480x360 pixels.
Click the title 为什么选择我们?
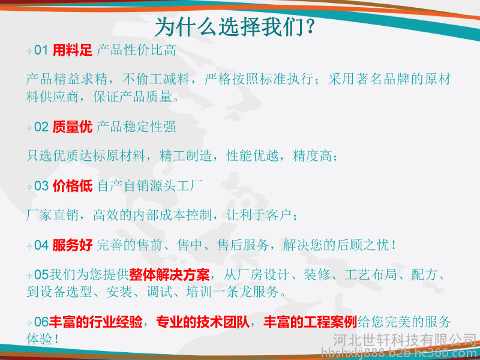tap(235, 26)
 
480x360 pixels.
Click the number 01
tap(41, 50)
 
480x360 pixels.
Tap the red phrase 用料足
tap(72, 50)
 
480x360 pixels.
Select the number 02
tap(41, 127)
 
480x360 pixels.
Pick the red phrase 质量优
tap(72, 127)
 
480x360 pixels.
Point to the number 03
tap(41, 186)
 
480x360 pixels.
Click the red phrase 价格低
tap(72, 186)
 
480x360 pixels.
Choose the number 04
tap(41, 245)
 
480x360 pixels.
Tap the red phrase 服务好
tap(72, 245)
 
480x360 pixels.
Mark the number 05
tap(41, 275)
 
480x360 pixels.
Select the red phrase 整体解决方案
tap(169, 275)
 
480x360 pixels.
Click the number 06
tap(41, 322)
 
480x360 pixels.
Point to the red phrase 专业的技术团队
tap(203, 322)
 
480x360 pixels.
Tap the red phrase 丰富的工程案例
tap(310, 322)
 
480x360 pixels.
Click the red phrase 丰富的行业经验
tap(95, 322)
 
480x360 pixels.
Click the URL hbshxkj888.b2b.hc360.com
tap(400, 353)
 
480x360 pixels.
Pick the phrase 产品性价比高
tap(137, 50)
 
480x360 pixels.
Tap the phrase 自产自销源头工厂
tap(149, 186)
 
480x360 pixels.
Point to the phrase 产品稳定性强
tap(136, 127)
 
